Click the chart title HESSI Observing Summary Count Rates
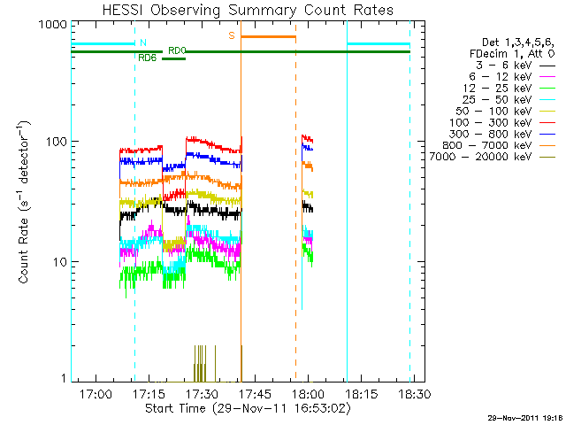[x=240, y=10]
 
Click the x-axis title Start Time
[x=240, y=409]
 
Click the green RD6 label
[x=148, y=58]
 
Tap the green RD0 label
[x=177, y=50]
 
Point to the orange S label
[x=232, y=35]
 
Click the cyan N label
[x=142, y=42]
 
